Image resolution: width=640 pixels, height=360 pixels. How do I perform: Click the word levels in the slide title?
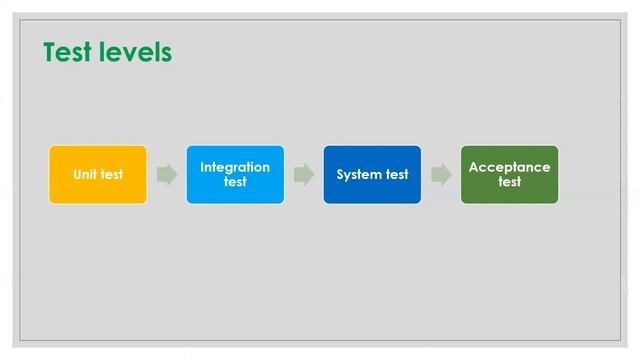click(135, 52)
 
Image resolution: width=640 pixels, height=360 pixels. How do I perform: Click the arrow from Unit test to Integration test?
click(167, 175)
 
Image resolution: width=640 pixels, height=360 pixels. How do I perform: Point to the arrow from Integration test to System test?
click(304, 175)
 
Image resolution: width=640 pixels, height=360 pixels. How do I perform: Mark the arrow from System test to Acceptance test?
click(441, 175)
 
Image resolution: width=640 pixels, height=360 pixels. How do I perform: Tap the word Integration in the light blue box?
click(235, 167)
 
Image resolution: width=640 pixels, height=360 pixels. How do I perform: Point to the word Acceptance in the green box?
click(509, 167)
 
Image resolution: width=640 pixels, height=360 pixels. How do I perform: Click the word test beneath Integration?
click(235, 182)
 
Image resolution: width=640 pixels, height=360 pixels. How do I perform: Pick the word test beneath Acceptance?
click(509, 182)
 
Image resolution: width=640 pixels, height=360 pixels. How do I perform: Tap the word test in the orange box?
click(112, 175)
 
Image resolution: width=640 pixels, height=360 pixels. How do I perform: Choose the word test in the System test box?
click(397, 175)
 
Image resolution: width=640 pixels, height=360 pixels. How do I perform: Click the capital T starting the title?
click(50, 52)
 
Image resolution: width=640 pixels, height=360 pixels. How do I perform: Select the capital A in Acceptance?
click(474, 167)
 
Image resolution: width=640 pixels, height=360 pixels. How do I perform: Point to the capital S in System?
click(341, 175)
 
